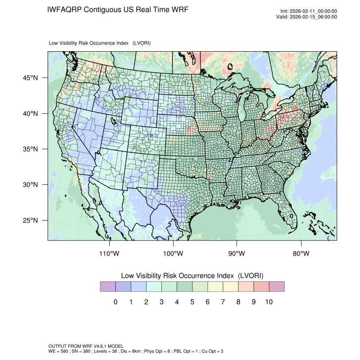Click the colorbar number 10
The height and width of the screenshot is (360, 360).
(269, 302)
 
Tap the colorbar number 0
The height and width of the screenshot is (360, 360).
(115, 302)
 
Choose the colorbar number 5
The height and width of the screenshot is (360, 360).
(192, 302)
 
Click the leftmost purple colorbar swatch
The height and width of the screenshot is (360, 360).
(108, 286)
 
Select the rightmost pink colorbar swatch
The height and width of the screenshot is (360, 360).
(277, 286)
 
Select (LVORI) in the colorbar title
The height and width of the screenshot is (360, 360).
(251, 276)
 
